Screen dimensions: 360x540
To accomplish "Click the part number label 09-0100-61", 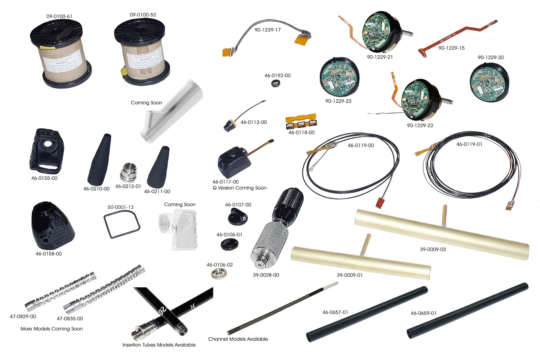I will [x=59, y=16].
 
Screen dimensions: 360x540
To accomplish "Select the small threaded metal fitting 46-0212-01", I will [x=128, y=172].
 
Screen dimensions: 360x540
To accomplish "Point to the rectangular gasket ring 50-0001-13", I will [x=122, y=224].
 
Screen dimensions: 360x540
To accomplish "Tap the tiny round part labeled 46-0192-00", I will [x=276, y=83].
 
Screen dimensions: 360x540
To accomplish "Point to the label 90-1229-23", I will [x=338, y=101].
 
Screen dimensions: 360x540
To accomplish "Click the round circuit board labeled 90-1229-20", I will [x=489, y=81].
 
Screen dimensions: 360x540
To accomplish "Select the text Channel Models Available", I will [x=238, y=339].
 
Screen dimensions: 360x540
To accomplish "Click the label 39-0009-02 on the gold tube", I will [x=433, y=249].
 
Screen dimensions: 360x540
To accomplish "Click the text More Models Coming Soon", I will [x=52, y=329].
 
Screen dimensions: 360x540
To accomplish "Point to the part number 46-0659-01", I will [x=423, y=313].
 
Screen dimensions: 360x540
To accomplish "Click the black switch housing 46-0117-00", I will [x=234, y=161].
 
